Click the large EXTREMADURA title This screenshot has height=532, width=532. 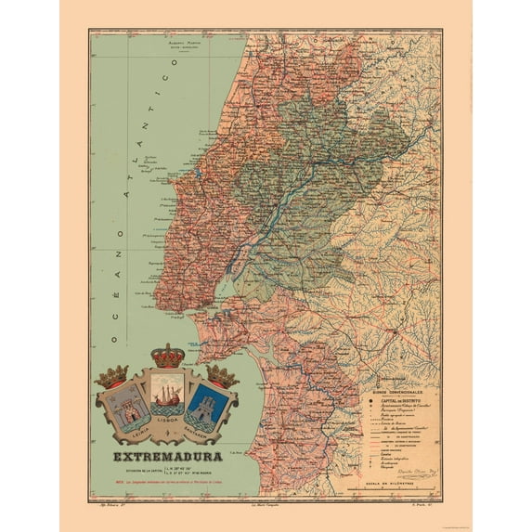pos(168,457)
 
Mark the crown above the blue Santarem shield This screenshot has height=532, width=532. pos(223,374)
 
